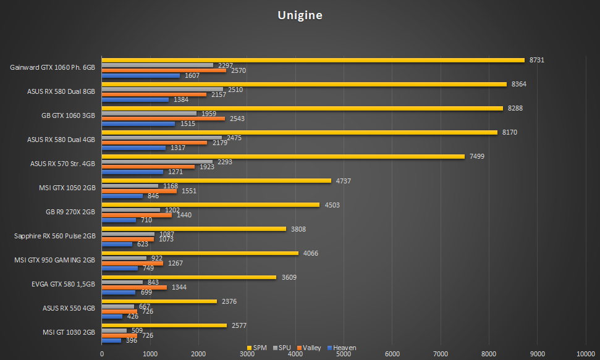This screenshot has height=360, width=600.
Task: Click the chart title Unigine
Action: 300,15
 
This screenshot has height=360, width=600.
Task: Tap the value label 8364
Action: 518,84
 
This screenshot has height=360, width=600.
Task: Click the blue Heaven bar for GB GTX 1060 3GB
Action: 138,123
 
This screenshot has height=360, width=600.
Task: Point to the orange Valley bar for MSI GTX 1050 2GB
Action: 139,191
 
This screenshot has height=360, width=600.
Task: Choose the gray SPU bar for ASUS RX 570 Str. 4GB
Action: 157,162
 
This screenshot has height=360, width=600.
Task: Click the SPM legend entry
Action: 257,348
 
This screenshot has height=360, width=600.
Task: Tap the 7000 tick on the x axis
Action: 441,354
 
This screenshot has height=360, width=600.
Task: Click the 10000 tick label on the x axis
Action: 586,354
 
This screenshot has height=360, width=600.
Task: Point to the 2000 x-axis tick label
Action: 198,354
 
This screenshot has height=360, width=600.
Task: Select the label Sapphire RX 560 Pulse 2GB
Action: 54,236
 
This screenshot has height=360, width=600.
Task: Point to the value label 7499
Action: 476,156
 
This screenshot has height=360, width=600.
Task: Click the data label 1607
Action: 192,75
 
